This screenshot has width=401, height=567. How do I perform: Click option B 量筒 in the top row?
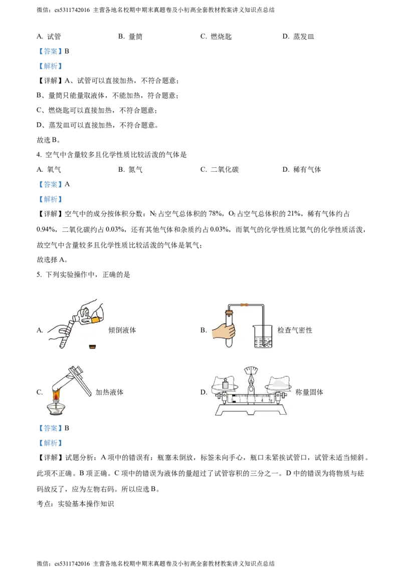click(x=130, y=37)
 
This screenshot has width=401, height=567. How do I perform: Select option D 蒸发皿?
click(x=298, y=37)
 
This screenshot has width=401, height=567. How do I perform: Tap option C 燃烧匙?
click(x=216, y=37)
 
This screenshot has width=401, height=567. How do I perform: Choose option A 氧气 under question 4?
click(x=49, y=170)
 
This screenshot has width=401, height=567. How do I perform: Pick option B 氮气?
click(x=130, y=170)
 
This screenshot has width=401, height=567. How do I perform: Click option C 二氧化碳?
click(x=220, y=170)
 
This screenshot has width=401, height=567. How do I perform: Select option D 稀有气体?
click(x=302, y=170)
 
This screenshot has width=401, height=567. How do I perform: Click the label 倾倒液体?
click(x=122, y=330)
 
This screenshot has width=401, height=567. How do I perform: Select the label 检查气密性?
click(x=295, y=330)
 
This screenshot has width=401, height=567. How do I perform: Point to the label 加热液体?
click(x=109, y=392)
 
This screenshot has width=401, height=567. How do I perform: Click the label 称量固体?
click(x=309, y=392)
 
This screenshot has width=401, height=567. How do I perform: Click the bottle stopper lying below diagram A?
click(x=93, y=347)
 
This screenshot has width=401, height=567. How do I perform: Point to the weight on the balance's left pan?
click(x=225, y=384)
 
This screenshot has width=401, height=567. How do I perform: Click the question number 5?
click(x=39, y=275)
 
